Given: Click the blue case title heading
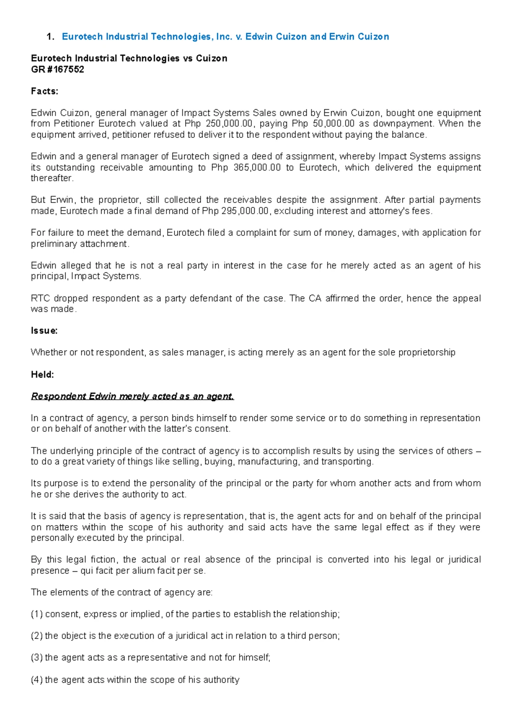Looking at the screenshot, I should (x=225, y=37).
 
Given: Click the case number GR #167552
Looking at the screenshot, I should (x=58, y=69).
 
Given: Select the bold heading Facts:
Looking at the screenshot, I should (x=44, y=91).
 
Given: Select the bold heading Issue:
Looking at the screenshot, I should (x=44, y=330).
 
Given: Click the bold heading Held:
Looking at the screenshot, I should (x=42, y=374).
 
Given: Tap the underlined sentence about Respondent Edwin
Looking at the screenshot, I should (x=132, y=396).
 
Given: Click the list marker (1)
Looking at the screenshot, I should (x=37, y=614).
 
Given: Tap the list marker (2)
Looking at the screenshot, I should (x=37, y=636).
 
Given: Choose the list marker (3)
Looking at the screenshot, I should (x=37, y=658).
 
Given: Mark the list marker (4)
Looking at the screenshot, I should (x=37, y=680).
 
